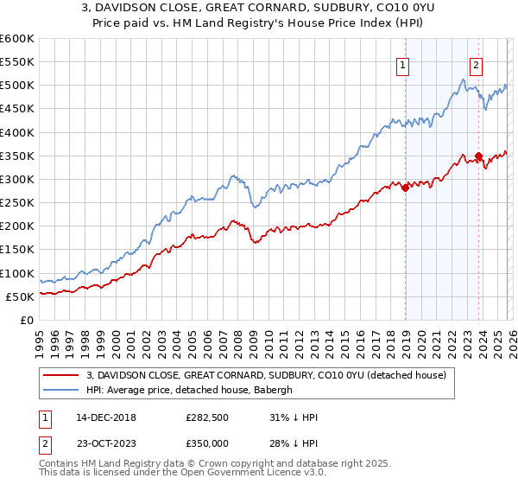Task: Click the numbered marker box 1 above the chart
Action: (404, 63)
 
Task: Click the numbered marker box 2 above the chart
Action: (477, 63)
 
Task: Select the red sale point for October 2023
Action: (479, 156)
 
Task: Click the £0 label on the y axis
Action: (28, 320)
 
